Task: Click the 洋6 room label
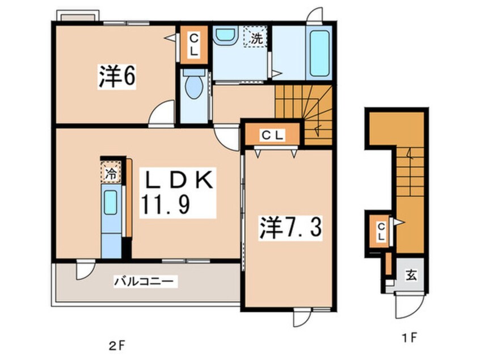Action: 116,76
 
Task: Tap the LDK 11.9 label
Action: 178,192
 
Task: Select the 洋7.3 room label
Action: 290,228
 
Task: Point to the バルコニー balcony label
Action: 145,281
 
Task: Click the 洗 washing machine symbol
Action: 256,37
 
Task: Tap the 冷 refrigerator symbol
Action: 111,173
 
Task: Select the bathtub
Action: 319,54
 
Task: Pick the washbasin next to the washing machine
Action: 225,35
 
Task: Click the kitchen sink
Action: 111,203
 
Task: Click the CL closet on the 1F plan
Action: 381,231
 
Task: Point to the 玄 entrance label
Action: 411,275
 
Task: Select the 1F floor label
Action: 409,338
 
